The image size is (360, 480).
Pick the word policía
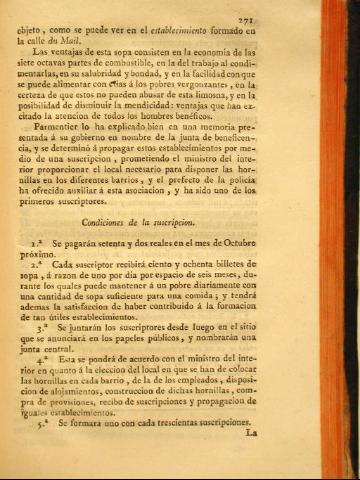click(x=295, y=202)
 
